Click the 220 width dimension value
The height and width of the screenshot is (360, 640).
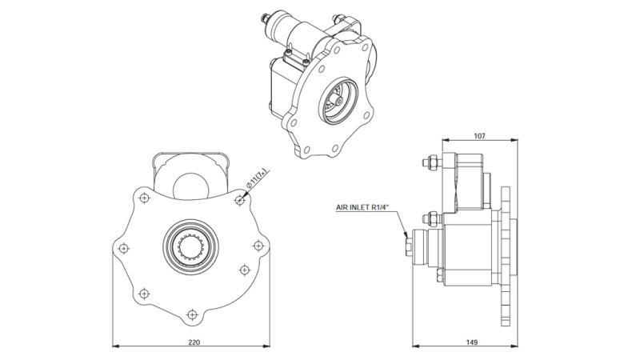click(194, 342)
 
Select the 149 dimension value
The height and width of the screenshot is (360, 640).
click(471, 342)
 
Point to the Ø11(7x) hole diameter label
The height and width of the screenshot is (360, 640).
click(255, 179)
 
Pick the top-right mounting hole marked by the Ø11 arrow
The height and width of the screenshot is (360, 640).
click(238, 201)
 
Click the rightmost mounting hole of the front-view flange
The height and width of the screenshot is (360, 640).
click(258, 246)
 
